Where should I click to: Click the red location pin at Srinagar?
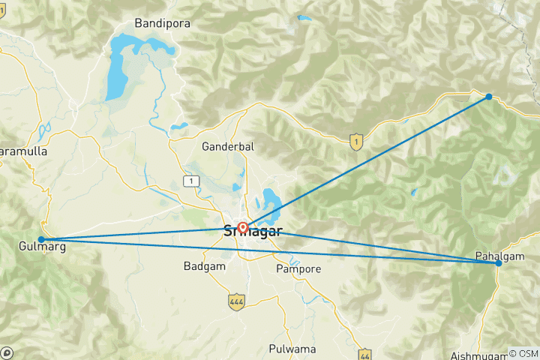click(242, 227)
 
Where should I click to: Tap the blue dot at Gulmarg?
click(41, 240)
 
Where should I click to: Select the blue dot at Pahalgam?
click(499, 263)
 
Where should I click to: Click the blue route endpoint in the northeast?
click(489, 97)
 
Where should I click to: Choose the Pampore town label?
click(298, 268)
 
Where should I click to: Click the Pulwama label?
click(293, 349)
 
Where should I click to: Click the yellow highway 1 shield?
click(356, 140)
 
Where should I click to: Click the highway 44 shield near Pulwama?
click(364, 353)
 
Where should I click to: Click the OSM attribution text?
click(523, 353)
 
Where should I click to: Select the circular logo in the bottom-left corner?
click(7, 353)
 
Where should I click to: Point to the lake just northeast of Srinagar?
click(268, 202)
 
